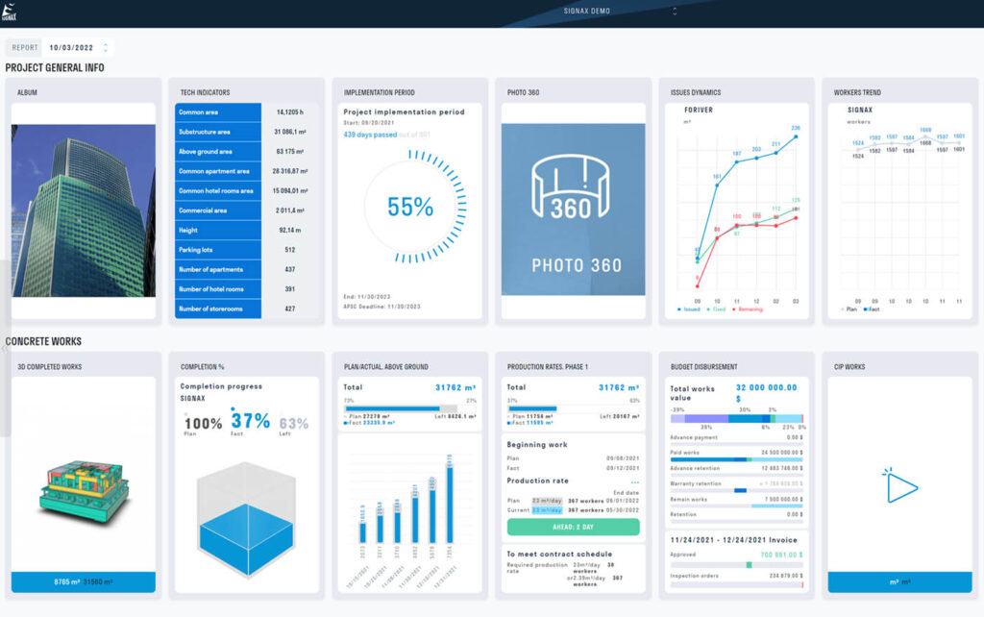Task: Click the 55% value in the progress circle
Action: [x=410, y=206]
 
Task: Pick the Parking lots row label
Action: [x=197, y=250]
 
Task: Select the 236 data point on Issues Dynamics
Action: [x=795, y=136]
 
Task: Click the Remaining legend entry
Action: [x=750, y=309]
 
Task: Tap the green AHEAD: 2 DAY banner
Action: [x=573, y=527]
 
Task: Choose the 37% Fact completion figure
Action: [x=249, y=421]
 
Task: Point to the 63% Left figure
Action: [x=293, y=423]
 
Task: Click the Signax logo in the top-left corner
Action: [x=11, y=12]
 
